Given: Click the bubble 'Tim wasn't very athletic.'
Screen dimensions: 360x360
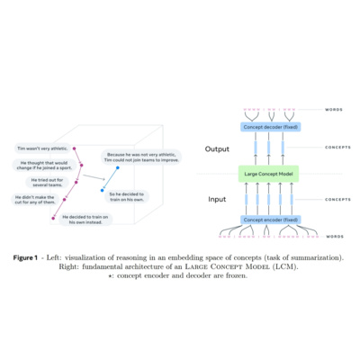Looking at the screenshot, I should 40,148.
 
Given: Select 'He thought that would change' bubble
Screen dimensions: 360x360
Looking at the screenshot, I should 45,165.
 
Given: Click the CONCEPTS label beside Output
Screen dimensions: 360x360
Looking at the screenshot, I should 337,145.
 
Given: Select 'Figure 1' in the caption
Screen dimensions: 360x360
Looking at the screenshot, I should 28,257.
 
